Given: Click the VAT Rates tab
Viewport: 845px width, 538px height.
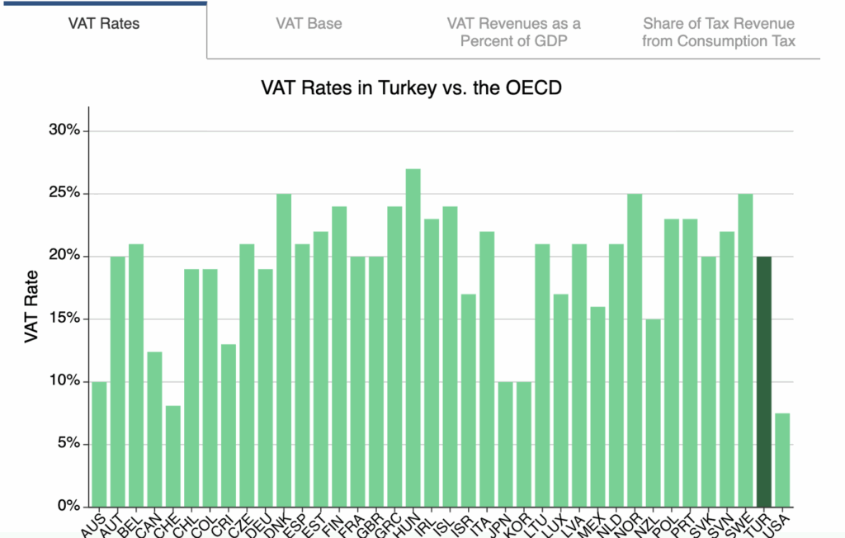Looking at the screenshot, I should click(x=103, y=23).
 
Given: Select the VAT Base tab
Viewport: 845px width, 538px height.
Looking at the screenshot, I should click(x=309, y=23).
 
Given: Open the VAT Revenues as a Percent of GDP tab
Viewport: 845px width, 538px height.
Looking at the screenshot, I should click(x=513, y=31).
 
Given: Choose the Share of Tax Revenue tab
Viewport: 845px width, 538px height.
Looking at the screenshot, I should click(x=719, y=31).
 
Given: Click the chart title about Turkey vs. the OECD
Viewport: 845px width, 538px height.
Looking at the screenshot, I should click(x=412, y=87).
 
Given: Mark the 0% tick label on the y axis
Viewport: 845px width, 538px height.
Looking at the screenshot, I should click(x=67, y=506).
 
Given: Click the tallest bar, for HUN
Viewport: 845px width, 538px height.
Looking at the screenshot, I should click(x=413, y=337).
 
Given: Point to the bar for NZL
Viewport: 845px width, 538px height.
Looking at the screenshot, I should click(x=653, y=413).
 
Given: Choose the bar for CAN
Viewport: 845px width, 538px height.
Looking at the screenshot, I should click(x=154, y=429).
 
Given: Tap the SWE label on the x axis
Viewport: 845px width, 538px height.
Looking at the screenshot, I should click(x=741, y=521).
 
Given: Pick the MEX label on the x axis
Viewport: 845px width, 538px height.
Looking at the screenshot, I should click(x=592, y=521).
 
